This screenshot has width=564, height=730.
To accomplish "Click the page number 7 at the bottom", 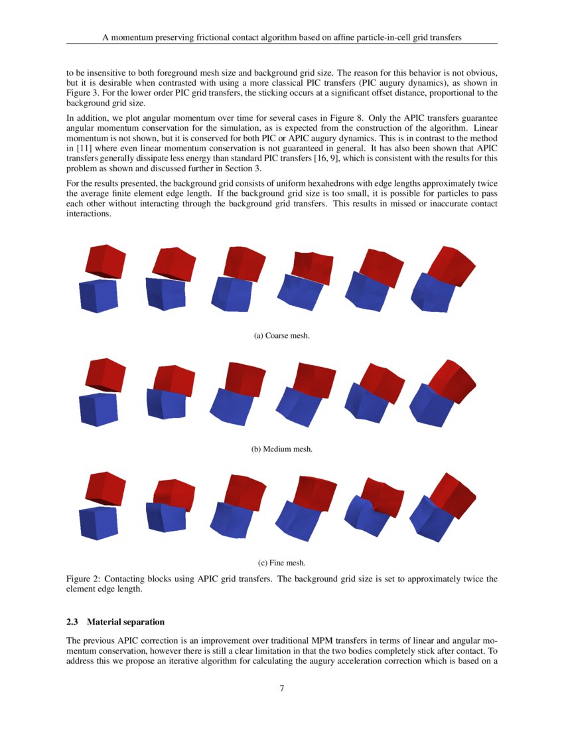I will (x=282, y=688).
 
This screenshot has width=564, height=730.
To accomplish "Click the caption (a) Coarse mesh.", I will (x=282, y=336).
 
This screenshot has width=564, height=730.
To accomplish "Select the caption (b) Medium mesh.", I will (x=282, y=449).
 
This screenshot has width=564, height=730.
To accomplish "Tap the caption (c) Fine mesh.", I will (x=282, y=563).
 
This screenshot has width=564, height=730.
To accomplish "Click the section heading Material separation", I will (x=125, y=622).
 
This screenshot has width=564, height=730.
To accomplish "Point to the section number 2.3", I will (x=72, y=622).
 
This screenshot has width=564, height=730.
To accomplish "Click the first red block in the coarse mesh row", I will (x=105, y=260).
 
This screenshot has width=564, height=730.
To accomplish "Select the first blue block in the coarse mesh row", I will (x=98, y=296).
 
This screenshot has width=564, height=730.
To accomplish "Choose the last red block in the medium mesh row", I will (x=452, y=381).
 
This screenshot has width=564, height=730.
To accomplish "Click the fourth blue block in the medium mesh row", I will (x=299, y=405).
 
